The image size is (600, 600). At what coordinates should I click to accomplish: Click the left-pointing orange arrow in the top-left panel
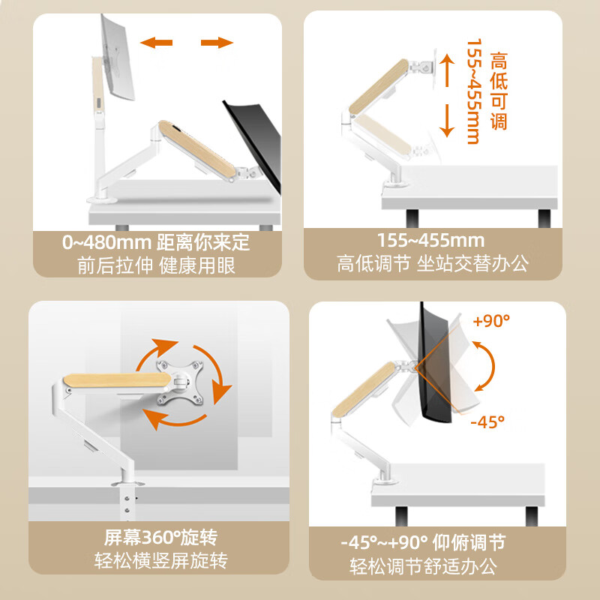click(158, 43)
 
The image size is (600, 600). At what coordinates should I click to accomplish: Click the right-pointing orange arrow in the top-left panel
click(217, 43)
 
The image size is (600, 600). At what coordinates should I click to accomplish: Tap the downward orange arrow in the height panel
click(447, 119)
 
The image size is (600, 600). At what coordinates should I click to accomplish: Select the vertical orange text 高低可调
click(498, 90)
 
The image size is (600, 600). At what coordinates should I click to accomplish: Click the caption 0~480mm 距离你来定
click(156, 244)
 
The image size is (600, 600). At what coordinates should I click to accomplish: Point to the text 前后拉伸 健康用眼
click(156, 266)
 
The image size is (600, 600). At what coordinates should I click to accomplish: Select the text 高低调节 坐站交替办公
click(433, 264)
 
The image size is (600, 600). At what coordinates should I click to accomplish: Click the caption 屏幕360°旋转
click(160, 538)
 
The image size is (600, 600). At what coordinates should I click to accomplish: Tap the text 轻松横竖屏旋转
click(160, 561)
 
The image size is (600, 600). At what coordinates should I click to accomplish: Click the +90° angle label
click(491, 321)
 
